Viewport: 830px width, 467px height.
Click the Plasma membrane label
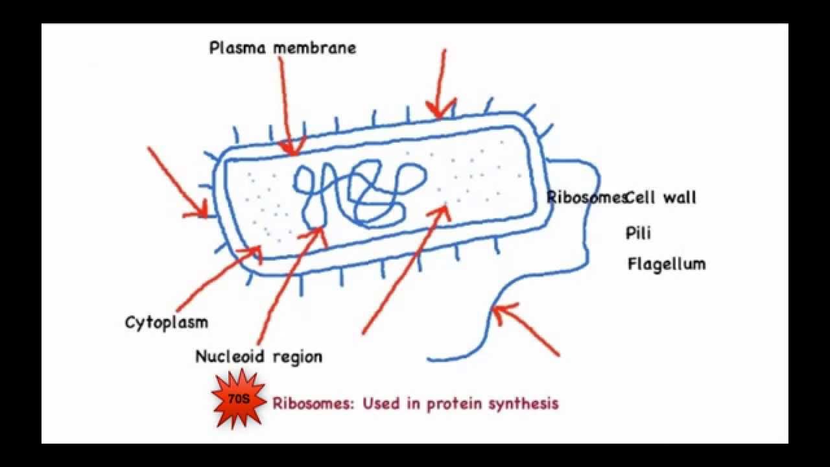pos(282,48)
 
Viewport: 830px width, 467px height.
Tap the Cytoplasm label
pos(167,322)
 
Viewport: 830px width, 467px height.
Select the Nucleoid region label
pos(259,356)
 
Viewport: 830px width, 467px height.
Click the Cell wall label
pos(661,197)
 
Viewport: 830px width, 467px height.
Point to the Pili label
pos(638,232)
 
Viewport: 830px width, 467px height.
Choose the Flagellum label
pos(666,264)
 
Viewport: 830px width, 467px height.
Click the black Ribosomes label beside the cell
pos(586,197)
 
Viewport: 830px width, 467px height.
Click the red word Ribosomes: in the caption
pos(314,403)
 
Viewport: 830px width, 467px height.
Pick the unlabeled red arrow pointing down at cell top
pos(441,84)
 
